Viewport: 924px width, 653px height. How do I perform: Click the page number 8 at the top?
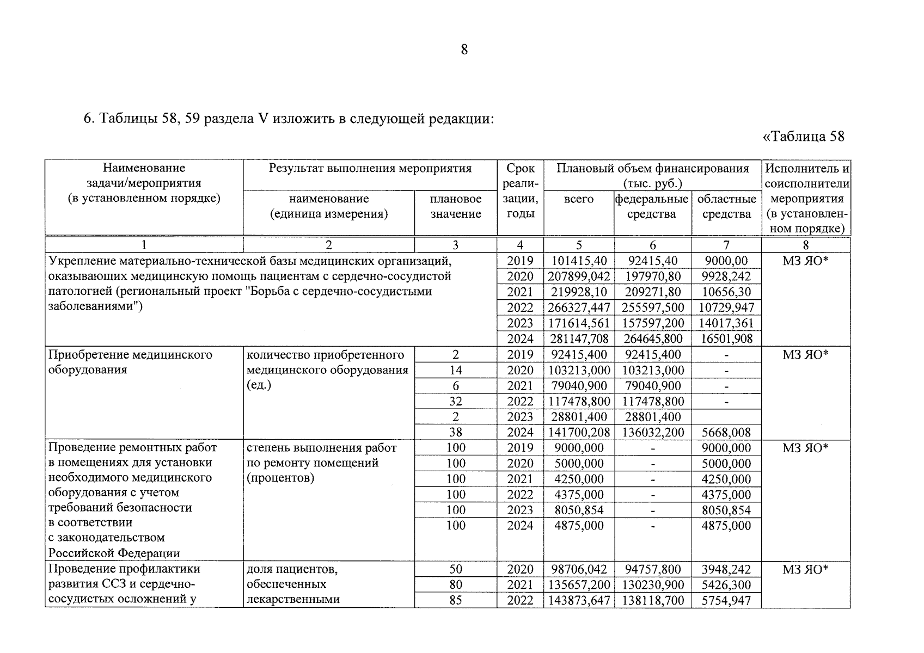pos(464,50)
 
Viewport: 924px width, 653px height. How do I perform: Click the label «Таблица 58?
pos(804,136)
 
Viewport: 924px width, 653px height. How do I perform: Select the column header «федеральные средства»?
pos(652,206)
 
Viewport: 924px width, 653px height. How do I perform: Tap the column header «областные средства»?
pos(726,206)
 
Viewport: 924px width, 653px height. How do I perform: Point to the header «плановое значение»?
pos(455,206)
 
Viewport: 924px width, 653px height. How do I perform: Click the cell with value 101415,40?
pos(578,261)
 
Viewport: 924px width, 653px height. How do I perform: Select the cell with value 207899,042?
pos(578,276)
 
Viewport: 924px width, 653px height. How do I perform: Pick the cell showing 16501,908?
pos(726,339)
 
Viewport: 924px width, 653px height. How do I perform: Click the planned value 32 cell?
pos(455,402)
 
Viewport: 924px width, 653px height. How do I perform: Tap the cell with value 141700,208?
pos(578,433)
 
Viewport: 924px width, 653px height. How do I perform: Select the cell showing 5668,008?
pos(726,433)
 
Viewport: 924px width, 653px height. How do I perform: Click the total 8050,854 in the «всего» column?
pos(578,510)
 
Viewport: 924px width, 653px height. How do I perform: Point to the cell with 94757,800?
pos(652,570)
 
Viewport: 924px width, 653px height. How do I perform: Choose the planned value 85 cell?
pos(455,601)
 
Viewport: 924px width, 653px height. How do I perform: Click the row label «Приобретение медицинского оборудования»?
pos(130,362)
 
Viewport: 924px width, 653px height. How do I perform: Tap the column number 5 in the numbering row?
pos(578,245)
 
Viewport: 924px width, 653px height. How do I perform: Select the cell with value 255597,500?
pos(652,308)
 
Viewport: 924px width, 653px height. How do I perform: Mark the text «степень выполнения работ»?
pos(321,448)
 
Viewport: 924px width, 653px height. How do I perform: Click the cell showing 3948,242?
pos(726,570)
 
